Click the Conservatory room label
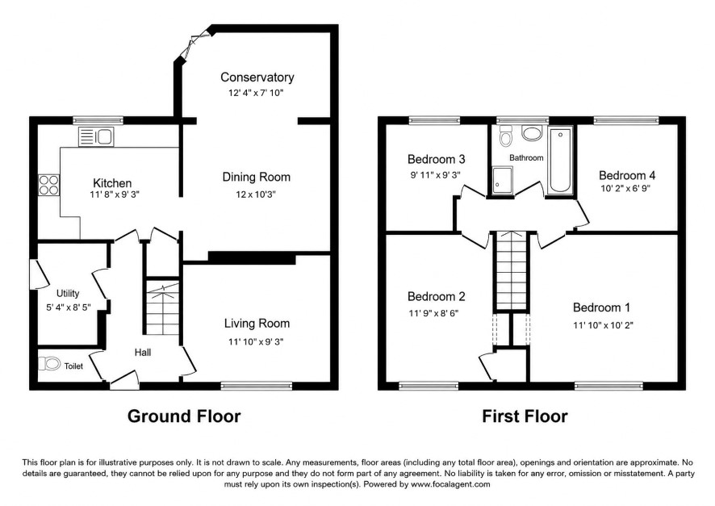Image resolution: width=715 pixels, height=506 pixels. click(x=257, y=77)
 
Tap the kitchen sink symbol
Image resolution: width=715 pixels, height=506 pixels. click(x=96, y=136)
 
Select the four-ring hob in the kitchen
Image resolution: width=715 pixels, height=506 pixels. click(x=48, y=185)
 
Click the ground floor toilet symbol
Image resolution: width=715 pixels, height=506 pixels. click(x=50, y=364)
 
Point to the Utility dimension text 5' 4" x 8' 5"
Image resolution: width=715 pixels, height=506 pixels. click(x=69, y=307)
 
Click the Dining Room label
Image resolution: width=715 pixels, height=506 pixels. click(x=257, y=177)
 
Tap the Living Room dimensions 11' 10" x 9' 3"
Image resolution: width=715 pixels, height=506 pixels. click(x=256, y=341)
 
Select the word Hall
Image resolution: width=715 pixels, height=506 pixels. click(x=143, y=353)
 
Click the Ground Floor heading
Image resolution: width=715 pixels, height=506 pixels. click(x=184, y=416)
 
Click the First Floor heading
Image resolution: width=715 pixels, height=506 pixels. click(x=525, y=416)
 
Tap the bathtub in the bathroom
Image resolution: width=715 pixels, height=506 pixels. click(x=560, y=161)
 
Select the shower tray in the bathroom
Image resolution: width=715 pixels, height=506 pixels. click(x=502, y=180)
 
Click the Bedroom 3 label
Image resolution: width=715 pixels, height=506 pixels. click(x=437, y=159)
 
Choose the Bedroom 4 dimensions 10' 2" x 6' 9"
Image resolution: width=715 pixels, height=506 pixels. click(x=625, y=188)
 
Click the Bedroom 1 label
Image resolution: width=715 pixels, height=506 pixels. click(x=601, y=307)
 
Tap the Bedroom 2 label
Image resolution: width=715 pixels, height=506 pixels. click(x=437, y=297)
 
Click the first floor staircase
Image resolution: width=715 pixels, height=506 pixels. click(x=511, y=271)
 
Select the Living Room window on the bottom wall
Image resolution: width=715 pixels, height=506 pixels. click(x=257, y=386)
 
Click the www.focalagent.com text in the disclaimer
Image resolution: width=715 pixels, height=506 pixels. click(x=450, y=484)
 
